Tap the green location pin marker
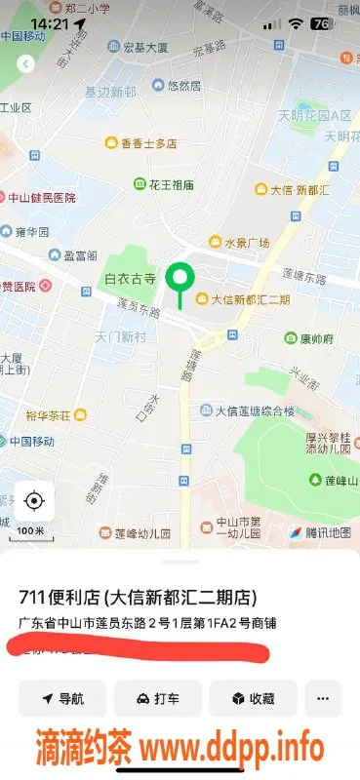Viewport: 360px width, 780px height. [x=179, y=281]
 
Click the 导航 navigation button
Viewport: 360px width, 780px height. [x=61, y=698]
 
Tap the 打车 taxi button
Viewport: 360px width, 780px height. [x=157, y=698]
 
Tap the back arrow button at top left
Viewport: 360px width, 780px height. [x=26, y=63]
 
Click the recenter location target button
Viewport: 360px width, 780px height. [x=34, y=501]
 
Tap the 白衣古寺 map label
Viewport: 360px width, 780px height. [x=129, y=280]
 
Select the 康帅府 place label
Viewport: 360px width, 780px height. [x=309, y=338]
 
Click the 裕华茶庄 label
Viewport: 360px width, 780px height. [x=47, y=414]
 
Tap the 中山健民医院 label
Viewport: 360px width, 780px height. [x=41, y=196]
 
